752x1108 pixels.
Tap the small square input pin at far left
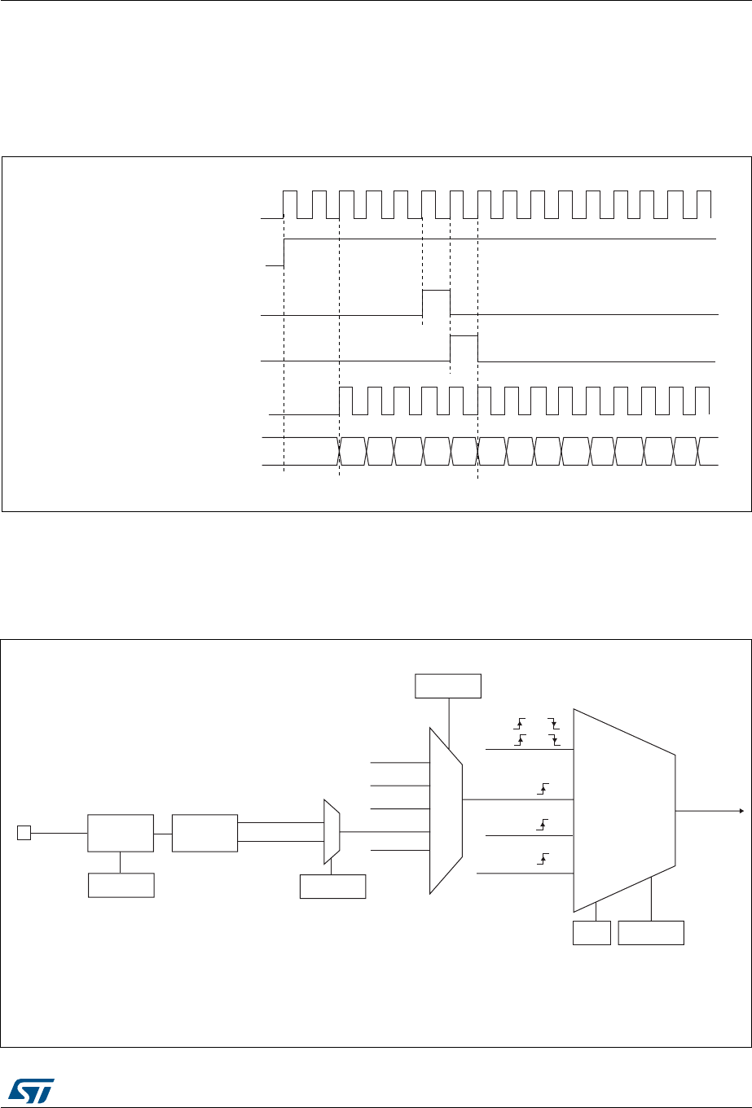[x=24, y=832]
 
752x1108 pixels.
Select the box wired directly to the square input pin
[x=120, y=833]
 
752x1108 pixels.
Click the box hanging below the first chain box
[x=120, y=885]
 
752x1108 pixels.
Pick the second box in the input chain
[x=204, y=833]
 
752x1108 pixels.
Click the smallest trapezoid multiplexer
[x=331, y=832]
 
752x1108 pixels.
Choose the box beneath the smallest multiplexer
[x=332, y=886]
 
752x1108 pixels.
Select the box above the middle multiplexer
[x=448, y=685]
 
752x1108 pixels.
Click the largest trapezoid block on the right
[x=624, y=810]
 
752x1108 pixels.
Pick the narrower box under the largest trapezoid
[x=591, y=933]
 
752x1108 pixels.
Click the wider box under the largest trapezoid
[x=651, y=933]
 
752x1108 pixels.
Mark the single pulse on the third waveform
[x=436, y=301]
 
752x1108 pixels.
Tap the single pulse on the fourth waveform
[x=464, y=347]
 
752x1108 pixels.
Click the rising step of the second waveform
[x=284, y=252]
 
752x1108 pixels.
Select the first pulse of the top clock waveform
[x=290, y=204]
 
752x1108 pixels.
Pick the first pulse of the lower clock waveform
[x=345, y=401]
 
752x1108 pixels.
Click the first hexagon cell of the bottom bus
[x=352, y=451]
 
